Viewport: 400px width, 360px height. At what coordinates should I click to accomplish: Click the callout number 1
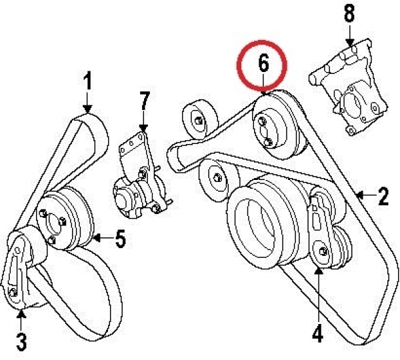pos(87,81)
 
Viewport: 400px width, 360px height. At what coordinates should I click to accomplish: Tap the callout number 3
pos(21,343)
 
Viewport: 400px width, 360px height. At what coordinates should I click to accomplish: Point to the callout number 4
pos(317,333)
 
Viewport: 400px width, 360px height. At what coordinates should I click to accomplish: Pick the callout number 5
pos(121,238)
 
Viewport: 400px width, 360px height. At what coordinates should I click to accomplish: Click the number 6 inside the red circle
pos(263,63)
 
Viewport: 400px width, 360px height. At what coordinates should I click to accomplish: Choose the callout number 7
pos(144,101)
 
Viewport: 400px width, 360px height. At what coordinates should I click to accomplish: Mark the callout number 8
pos(349,13)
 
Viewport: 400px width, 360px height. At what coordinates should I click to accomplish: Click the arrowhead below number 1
pos(87,109)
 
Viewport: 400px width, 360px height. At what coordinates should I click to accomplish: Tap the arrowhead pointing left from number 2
pos(360,196)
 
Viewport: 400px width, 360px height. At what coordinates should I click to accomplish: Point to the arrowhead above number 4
pos(318,271)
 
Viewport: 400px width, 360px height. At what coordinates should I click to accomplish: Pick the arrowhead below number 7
pos(144,128)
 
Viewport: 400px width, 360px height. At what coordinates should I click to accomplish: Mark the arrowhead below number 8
pos(350,43)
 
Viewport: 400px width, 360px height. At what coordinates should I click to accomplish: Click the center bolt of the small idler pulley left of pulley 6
pos(198,121)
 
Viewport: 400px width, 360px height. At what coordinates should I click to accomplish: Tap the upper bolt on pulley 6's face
pos(262,121)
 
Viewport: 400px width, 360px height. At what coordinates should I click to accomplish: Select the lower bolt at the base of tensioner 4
pos(323,251)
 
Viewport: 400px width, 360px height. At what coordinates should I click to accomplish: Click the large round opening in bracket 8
pos(354,105)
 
